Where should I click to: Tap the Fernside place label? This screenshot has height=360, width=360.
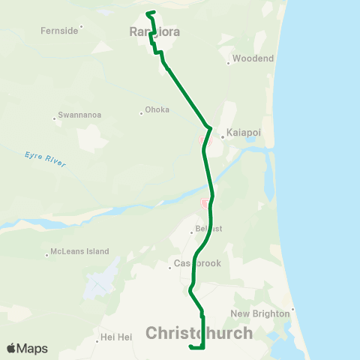pyautogui.click(x=60, y=31)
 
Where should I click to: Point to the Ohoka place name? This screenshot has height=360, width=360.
pyautogui.click(x=157, y=109)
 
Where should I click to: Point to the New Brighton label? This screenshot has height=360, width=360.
pyautogui.click(x=260, y=313)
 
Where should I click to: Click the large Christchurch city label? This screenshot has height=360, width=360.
pyautogui.click(x=199, y=332)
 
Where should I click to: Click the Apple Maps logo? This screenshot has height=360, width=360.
pyautogui.click(x=27, y=349)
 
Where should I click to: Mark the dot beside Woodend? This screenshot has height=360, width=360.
pyautogui.click(x=228, y=63)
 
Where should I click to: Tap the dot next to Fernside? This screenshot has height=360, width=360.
pyautogui.click(x=81, y=27)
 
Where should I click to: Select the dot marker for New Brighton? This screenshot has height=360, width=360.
pyautogui.click(x=293, y=308)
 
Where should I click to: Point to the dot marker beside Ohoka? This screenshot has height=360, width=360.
pyautogui.click(x=141, y=114)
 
